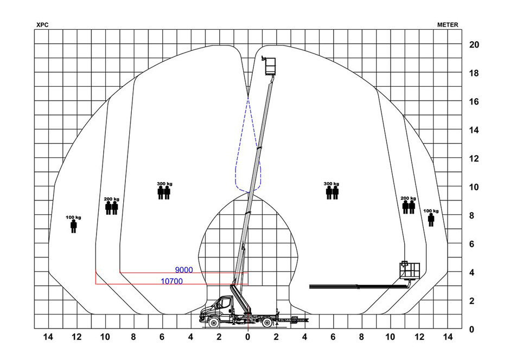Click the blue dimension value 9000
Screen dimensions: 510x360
[184, 270]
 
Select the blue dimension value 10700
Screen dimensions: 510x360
[172, 281]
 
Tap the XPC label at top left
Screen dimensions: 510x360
[42, 25]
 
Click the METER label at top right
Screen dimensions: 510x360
[448, 25]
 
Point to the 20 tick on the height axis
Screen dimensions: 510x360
[474, 45]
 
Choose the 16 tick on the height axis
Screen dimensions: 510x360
[474, 102]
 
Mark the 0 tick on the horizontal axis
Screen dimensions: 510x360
[248, 337]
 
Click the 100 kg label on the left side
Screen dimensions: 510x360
[73, 217]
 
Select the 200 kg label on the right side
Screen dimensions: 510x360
[408, 198]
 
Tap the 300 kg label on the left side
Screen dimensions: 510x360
[164, 184]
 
